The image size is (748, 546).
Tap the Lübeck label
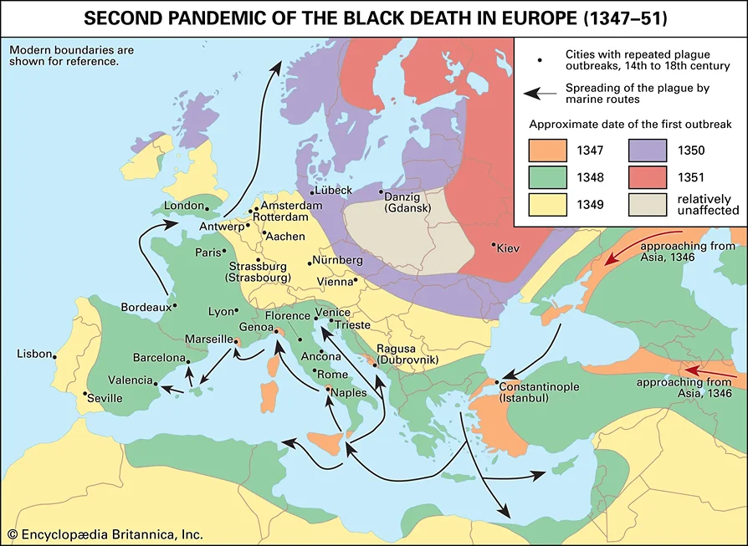(x=333, y=191)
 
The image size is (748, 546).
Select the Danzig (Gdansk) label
(x=410, y=202)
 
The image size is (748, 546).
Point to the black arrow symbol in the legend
(x=540, y=94)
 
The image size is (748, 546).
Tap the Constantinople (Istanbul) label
(x=535, y=393)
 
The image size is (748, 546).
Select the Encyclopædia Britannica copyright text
(x=105, y=533)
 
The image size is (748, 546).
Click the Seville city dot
(x=85, y=394)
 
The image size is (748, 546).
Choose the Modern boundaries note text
(x=71, y=55)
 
